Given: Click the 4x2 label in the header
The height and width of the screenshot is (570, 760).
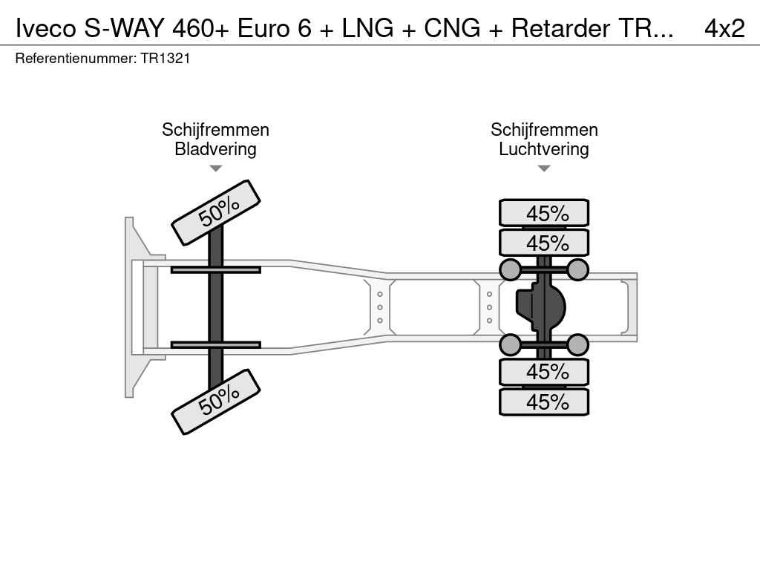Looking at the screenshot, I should (x=724, y=28).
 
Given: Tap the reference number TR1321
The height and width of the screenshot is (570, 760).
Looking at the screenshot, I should (x=165, y=58).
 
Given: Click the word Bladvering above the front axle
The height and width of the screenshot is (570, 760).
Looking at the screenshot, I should (x=215, y=149).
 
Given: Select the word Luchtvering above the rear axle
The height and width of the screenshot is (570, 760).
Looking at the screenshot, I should (x=544, y=149).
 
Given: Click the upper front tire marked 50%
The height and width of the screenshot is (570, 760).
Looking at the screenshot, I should (x=216, y=212).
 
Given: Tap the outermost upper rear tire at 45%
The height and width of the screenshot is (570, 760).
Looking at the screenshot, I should (x=544, y=213).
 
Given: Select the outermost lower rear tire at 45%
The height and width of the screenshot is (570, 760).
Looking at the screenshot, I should (x=544, y=402).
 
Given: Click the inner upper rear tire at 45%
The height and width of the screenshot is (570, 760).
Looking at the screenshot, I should (x=544, y=243).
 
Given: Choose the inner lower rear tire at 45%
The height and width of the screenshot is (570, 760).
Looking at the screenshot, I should (x=544, y=372).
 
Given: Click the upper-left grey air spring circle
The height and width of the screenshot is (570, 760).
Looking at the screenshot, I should (x=510, y=269).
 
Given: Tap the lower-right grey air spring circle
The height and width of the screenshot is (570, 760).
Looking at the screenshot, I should (x=578, y=344).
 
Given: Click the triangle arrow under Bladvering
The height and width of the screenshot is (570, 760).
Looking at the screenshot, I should (x=215, y=168).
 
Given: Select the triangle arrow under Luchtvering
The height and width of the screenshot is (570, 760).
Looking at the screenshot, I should (x=544, y=168).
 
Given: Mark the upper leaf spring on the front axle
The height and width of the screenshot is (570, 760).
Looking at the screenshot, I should (x=215, y=269).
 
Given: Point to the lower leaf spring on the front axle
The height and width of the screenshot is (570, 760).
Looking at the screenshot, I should (x=215, y=344).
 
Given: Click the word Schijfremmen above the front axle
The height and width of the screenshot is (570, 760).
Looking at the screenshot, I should (x=215, y=130).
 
